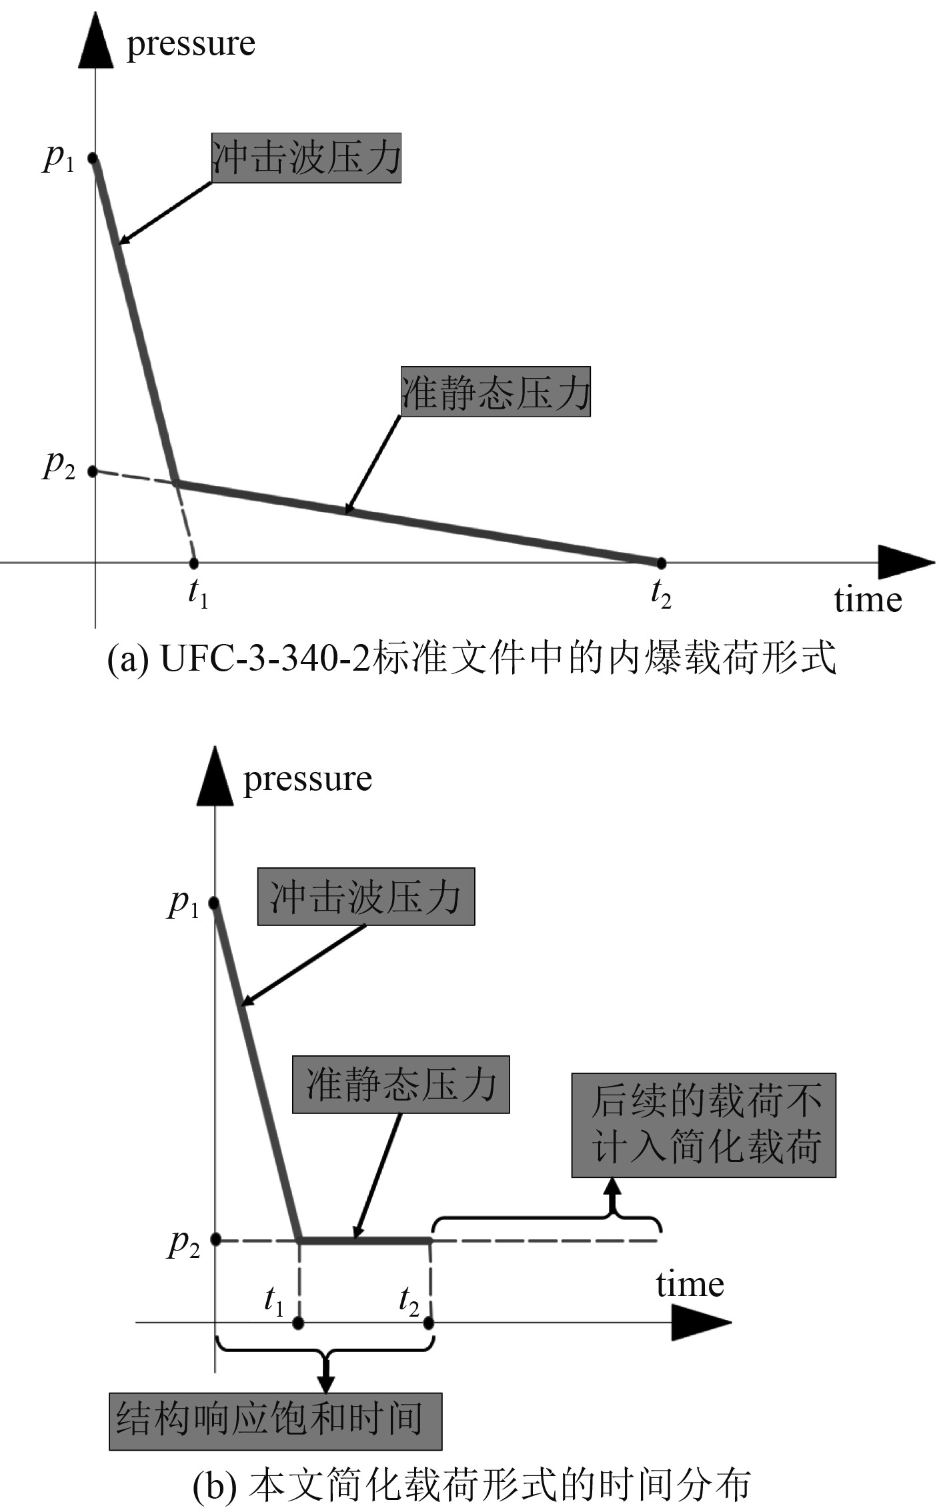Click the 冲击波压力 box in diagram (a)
[x=306, y=157]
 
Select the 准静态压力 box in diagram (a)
[x=496, y=391]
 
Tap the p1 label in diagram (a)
[x=59, y=159]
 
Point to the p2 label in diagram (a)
[x=59, y=465]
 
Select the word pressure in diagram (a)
[x=191, y=44]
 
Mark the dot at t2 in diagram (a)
[x=661, y=563]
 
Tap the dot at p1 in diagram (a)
[x=93, y=158]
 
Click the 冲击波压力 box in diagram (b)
[x=366, y=896]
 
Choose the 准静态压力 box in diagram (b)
[x=401, y=1085]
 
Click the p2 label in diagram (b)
[x=183, y=1243]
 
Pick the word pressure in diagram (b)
[x=307, y=779]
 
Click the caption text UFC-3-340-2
[x=265, y=659]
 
